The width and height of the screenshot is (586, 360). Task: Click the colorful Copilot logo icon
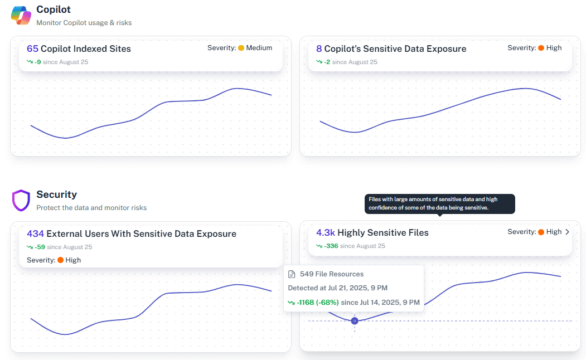pos(21,15)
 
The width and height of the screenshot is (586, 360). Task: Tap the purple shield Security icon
pos(21,200)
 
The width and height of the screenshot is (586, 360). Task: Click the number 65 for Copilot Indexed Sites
pos(32,49)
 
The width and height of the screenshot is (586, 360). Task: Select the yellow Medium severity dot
pos(241,48)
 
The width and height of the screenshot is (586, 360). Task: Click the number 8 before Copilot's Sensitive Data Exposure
pos(319,49)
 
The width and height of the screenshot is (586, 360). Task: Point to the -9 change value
pos(37,62)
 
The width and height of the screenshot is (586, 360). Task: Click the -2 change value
pos(327,62)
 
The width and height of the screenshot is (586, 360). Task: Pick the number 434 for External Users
pos(35,234)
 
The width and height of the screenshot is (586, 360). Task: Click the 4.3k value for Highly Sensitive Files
pos(326,233)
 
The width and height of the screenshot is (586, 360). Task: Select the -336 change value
pos(331,246)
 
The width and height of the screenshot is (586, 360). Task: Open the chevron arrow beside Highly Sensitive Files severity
pos(567,232)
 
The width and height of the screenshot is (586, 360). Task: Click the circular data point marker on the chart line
pos(355,321)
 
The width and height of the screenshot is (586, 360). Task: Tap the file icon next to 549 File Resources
pos(292,274)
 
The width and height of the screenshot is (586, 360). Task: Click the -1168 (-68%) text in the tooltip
pos(318,302)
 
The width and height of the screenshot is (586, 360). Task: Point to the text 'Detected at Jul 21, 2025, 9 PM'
pos(337,288)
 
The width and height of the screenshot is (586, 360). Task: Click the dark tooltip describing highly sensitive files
pos(440,203)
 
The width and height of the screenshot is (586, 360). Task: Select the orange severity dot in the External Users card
pos(60,260)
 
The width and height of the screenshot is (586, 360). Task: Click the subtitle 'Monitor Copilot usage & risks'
pos(84,23)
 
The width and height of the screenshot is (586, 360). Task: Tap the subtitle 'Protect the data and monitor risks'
pos(91,208)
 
